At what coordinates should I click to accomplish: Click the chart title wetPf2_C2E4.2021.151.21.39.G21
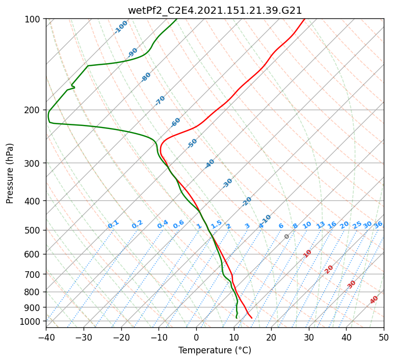[x=215, y=10]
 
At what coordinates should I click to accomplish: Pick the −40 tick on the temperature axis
[x=46, y=337]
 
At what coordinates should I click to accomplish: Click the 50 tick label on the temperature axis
[x=384, y=337]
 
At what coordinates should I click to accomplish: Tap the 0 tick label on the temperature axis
[x=196, y=337]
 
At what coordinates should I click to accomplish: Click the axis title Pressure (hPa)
[x=10, y=173]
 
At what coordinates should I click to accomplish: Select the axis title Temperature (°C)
[x=215, y=351]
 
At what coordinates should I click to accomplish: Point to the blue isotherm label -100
[x=121, y=27]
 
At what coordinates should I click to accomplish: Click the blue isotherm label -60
[x=176, y=122]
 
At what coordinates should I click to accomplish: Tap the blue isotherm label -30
[x=228, y=183]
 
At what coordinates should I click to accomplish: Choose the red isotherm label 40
[x=374, y=300]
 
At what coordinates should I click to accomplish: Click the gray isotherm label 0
[x=287, y=237]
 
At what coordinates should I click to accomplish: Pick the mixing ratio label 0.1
[x=113, y=224]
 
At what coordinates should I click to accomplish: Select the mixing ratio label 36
[x=378, y=224]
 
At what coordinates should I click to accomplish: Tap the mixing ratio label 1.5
[x=217, y=224]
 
